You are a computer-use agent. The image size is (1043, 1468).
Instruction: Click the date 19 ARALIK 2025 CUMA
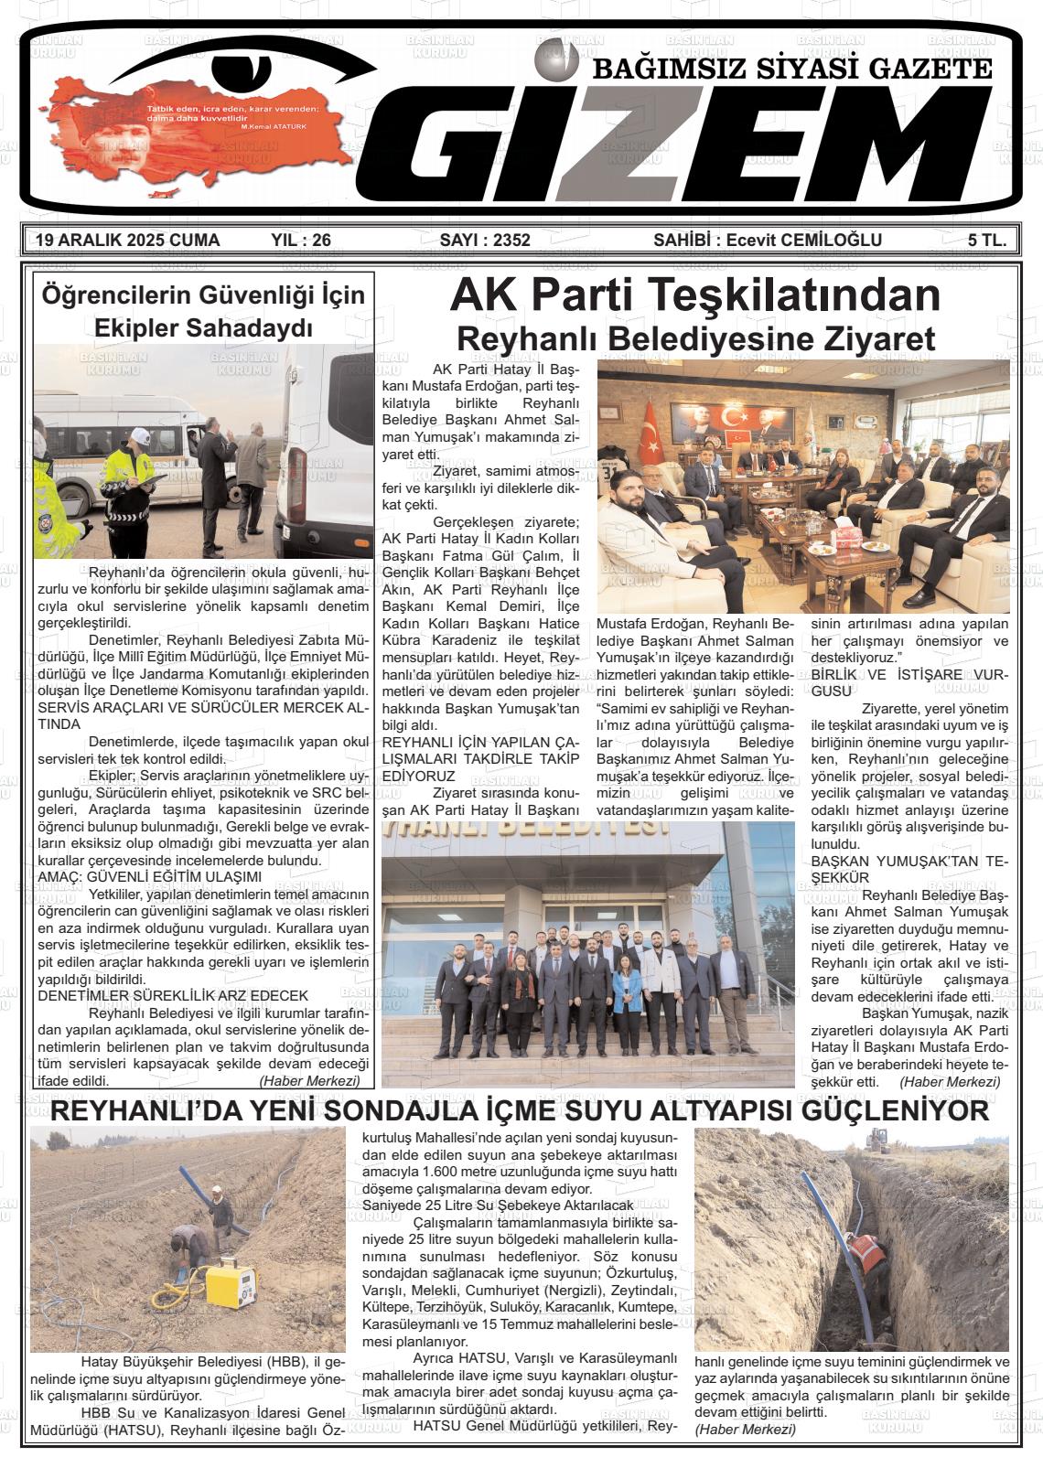point(127,241)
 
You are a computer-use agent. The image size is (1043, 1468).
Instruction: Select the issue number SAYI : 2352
point(485,241)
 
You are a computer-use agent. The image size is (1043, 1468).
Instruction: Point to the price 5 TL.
point(987,241)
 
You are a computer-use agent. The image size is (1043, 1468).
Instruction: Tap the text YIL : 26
point(301,241)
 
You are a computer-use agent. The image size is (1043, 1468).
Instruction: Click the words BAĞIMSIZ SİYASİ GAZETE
point(792,70)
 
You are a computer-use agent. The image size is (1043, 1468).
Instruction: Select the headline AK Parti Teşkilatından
point(694,295)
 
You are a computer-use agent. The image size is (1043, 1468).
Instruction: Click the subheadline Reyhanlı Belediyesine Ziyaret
point(695,338)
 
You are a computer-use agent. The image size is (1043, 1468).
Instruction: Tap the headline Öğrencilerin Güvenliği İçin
point(203,295)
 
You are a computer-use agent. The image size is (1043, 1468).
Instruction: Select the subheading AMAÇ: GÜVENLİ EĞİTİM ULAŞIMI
point(150,876)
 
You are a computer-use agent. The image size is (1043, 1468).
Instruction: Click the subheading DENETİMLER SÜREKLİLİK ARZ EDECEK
point(173,995)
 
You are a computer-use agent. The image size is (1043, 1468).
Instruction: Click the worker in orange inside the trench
point(864,1253)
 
